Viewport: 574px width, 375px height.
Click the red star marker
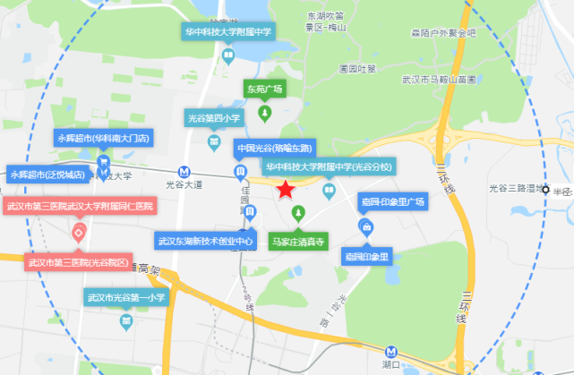[x=285, y=189]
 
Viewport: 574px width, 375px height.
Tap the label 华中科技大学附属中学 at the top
[x=227, y=31]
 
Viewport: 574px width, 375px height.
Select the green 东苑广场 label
[x=264, y=89]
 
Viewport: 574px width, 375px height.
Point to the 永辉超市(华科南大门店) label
[x=104, y=139]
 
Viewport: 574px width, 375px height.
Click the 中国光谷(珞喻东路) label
[x=272, y=147]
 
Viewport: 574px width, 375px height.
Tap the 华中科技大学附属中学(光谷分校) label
[x=329, y=166]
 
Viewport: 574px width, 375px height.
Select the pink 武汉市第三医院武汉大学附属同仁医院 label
[x=79, y=207]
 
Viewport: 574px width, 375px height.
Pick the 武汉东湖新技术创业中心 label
[x=205, y=241]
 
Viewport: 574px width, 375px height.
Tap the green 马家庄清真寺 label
[x=298, y=241]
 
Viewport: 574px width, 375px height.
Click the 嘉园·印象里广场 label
[x=391, y=201]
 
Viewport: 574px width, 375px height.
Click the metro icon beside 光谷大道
[x=183, y=170]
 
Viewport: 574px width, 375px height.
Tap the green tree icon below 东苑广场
[x=265, y=114]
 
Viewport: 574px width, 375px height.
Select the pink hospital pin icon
[x=79, y=234]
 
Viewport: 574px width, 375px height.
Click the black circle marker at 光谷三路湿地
[x=547, y=189]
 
